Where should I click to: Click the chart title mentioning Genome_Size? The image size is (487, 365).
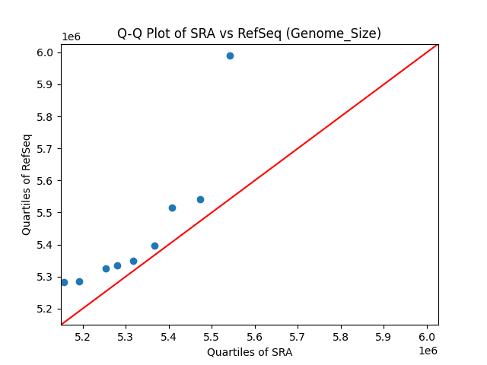pyautogui.click(x=249, y=33)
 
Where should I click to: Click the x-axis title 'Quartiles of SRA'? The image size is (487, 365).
pyautogui.click(x=250, y=352)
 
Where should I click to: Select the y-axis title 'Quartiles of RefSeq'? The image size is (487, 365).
pyautogui.click(x=27, y=184)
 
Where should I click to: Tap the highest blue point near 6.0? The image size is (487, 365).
pyautogui.click(x=230, y=56)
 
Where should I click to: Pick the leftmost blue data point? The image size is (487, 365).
pyautogui.click(x=64, y=282)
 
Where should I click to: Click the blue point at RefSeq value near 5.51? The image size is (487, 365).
pyautogui.click(x=172, y=208)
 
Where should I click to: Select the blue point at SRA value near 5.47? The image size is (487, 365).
pyautogui.click(x=200, y=199)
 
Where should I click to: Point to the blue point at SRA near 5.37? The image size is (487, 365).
pyautogui.click(x=154, y=246)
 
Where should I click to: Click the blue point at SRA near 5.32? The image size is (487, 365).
pyautogui.click(x=133, y=261)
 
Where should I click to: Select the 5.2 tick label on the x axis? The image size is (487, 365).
pyautogui.click(x=82, y=336)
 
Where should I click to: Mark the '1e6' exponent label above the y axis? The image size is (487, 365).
pyautogui.click(x=71, y=37)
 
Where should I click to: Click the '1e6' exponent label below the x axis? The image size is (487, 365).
pyautogui.click(x=427, y=351)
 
